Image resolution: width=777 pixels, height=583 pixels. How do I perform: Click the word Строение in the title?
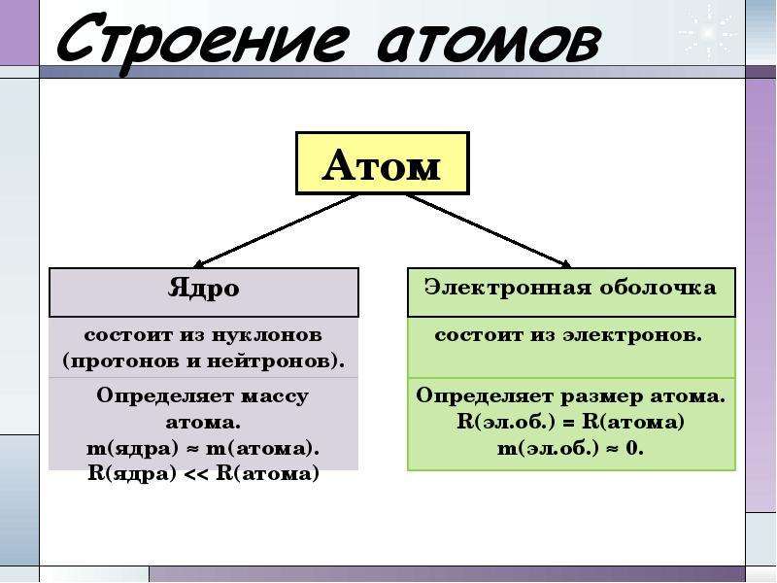[x=202, y=41]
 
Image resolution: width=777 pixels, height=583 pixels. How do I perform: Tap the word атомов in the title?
[x=490, y=40]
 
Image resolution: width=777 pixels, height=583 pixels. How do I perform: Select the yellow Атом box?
[x=382, y=163]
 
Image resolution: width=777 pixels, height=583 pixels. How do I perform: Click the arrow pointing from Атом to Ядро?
[x=276, y=231]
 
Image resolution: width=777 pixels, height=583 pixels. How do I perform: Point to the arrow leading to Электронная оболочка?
[x=489, y=231]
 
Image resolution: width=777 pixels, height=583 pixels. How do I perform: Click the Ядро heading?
[x=204, y=288]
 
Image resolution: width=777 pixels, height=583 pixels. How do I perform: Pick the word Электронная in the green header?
[x=508, y=287]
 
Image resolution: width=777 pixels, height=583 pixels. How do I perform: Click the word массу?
[x=274, y=396]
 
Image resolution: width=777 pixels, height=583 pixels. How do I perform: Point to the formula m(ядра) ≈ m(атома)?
[x=203, y=449]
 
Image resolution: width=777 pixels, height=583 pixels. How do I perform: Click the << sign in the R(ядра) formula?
[x=196, y=474]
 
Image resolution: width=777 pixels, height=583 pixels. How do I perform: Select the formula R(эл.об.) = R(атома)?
[x=570, y=423]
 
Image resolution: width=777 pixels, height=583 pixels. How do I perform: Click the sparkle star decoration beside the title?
[x=708, y=33]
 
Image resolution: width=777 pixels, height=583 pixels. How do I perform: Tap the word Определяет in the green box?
[x=485, y=396]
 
